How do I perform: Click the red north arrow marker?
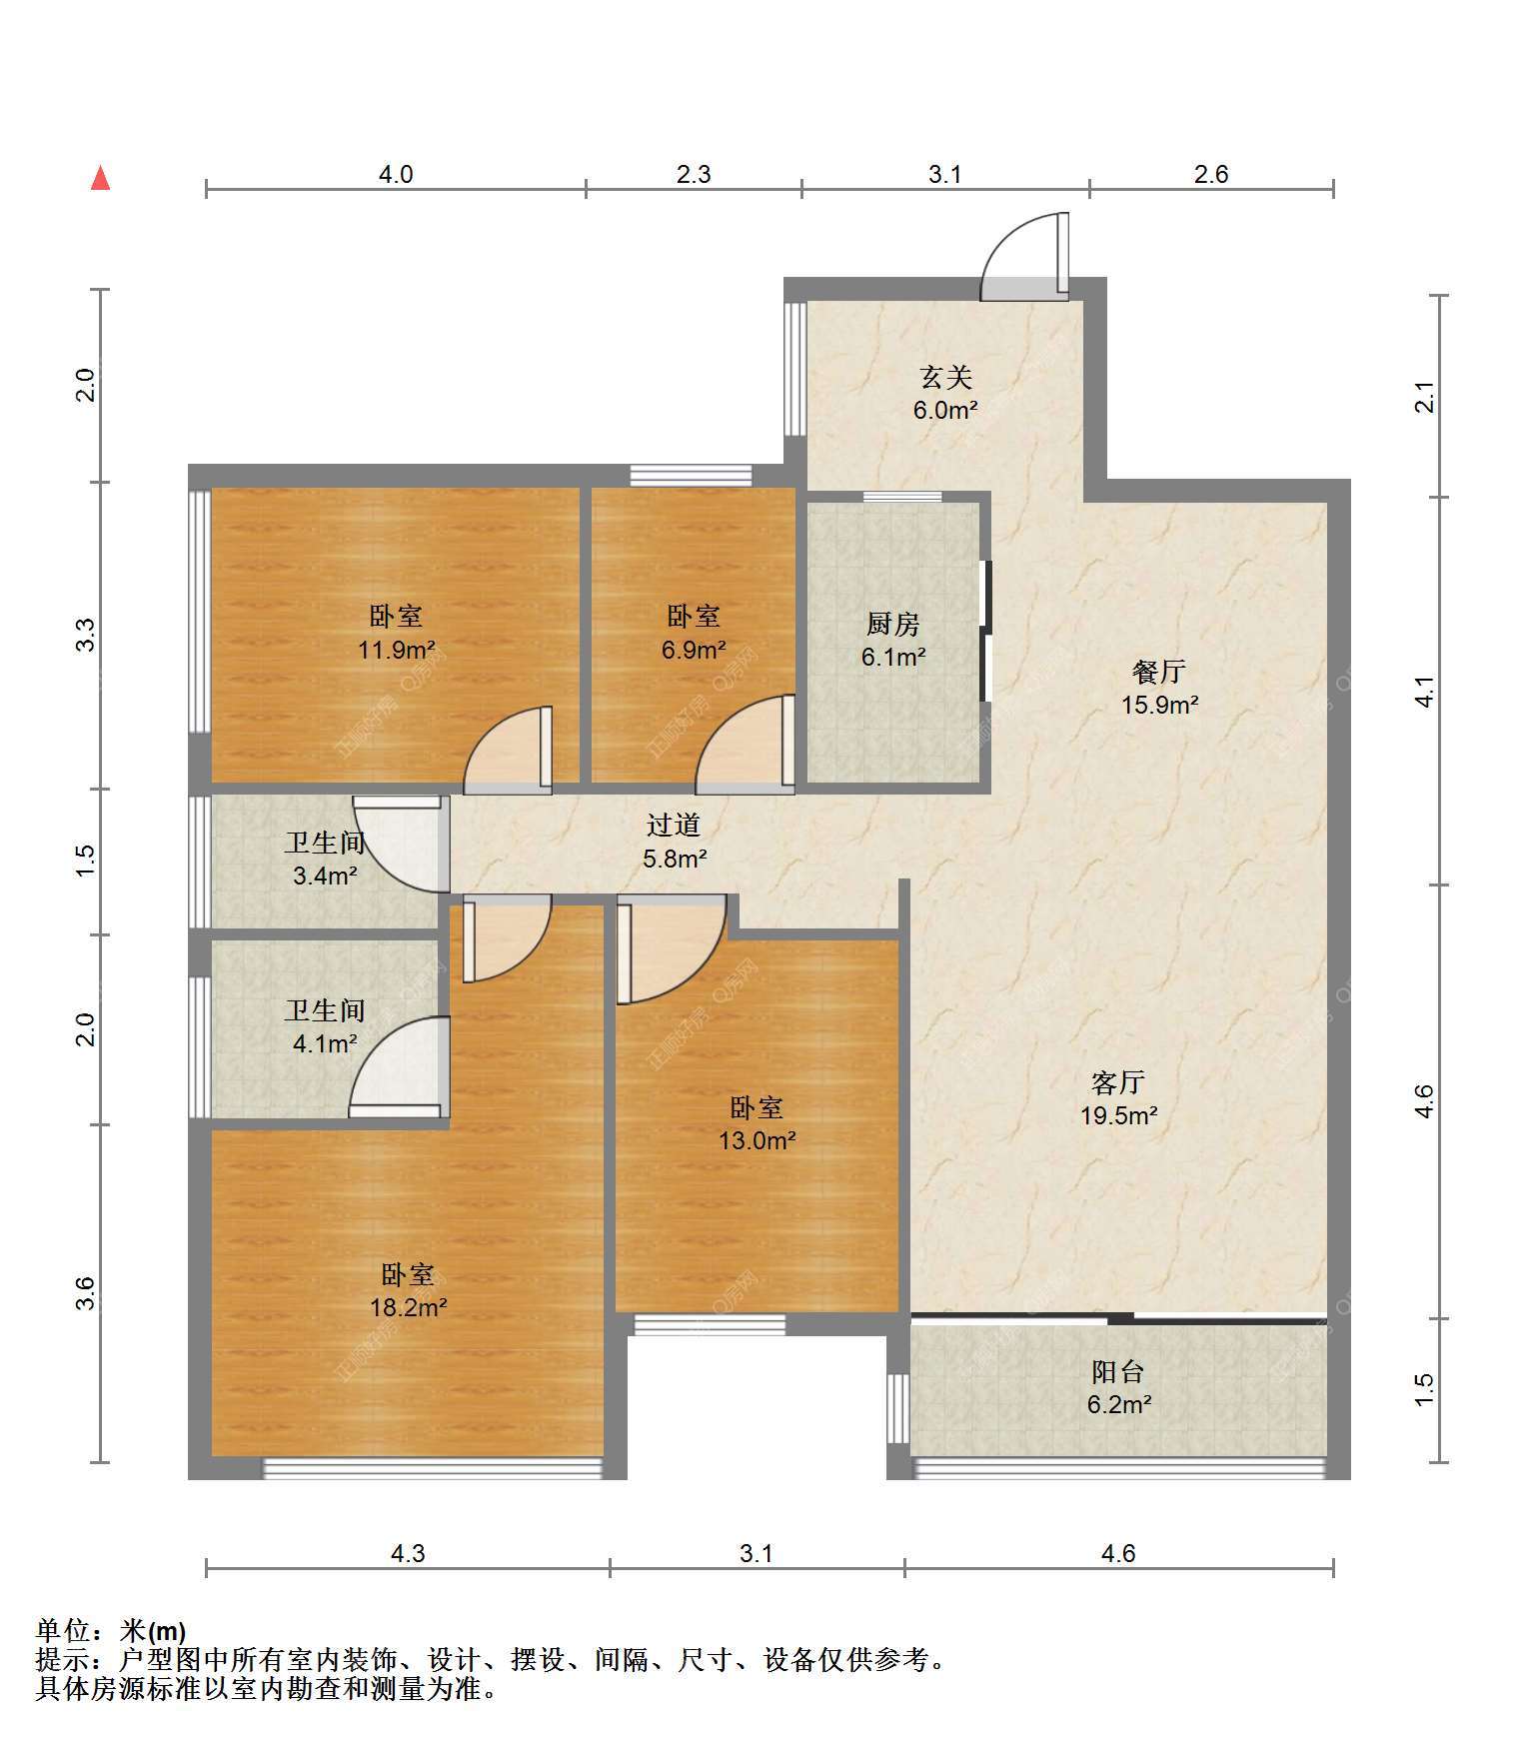pyautogui.click(x=100, y=178)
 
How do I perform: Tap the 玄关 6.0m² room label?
pyautogui.click(x=944, y=393)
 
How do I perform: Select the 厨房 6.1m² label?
pyautogui.click(x=892, y=640)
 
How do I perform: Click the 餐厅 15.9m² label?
pyautogui.click(x=1159, y=688)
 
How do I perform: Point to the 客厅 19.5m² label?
pyautogui.click(x=1118, y=1098)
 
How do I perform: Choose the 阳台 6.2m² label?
pyautogui.click(x=1118, y=1387)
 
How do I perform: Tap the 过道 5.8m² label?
pyautogui.click(x=674, y=841)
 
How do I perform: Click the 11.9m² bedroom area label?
pyautogui.click(x=396, y=651)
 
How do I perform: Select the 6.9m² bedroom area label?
pyautogui.click(x=693, y=651)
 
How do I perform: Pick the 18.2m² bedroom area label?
pyautogui.click(x=408, y=1306)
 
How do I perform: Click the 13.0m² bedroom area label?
pyautogui.click(x=757, y=1139)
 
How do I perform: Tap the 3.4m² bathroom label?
pyautogui.click(x=325, y=877)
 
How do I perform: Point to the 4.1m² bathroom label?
pyautogui.click(x=325, y=1044)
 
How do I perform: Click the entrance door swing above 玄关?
pyautogui.click(x=1024, y=256)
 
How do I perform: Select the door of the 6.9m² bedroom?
pyautogui.click(x=746, y=745)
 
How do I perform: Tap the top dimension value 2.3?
pyautogui.click(x=694, y=174)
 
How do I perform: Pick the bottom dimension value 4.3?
pyautogui.click(x=408, y=1553)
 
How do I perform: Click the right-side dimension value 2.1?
pyautogui.click(x=1426, y=398)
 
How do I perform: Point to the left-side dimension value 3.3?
pyautogui.click(x=87, y=636)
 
